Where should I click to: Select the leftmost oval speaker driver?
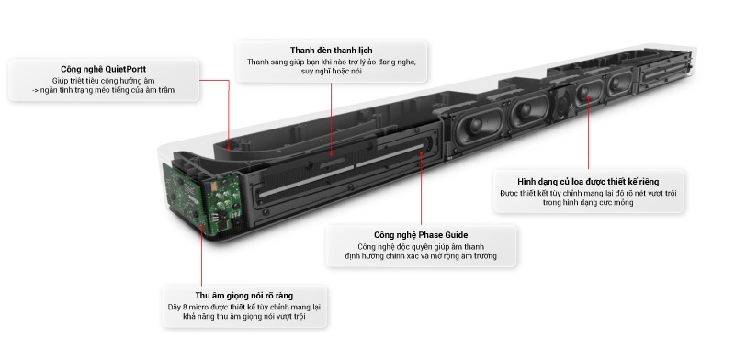478,115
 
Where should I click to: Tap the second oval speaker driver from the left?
529,107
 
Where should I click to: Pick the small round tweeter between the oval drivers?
559,106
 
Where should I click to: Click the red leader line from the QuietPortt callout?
228,101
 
